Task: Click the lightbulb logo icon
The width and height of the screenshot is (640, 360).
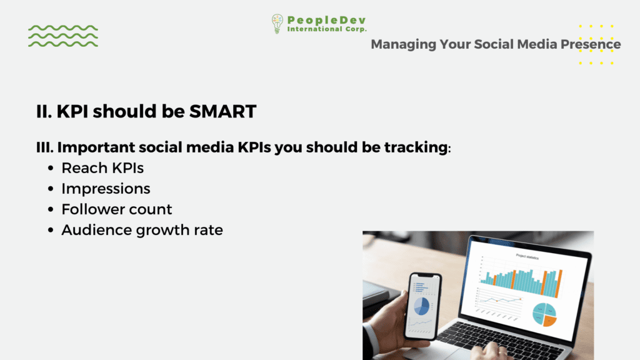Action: [x=277, y=24]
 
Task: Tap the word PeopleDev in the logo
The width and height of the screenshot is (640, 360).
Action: [x=326, y=20]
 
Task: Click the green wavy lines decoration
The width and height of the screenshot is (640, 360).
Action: [x=63, y=36]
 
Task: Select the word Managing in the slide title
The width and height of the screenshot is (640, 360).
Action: [x=403, y=44]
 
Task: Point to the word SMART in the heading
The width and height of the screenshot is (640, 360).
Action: [x=223, y=111]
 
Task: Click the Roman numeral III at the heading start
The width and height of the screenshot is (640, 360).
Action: [x=44, y=147]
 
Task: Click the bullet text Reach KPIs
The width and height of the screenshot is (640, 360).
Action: [x=102, y=167]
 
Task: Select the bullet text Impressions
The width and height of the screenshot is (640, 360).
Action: [x=106, y=189]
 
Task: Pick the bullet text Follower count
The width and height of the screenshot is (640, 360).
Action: [x=117, y=209]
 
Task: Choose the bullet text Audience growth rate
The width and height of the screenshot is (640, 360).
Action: [x=142, y=230]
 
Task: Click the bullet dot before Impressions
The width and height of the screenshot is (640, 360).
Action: [x=51, y=189]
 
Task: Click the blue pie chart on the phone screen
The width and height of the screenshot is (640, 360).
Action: [x=422, y=306]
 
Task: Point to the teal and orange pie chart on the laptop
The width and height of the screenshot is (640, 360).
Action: [x=544, y=314]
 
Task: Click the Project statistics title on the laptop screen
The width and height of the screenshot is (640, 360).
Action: [x=527, y=257]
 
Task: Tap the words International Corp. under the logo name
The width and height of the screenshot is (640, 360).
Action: [x=326, y=29]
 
